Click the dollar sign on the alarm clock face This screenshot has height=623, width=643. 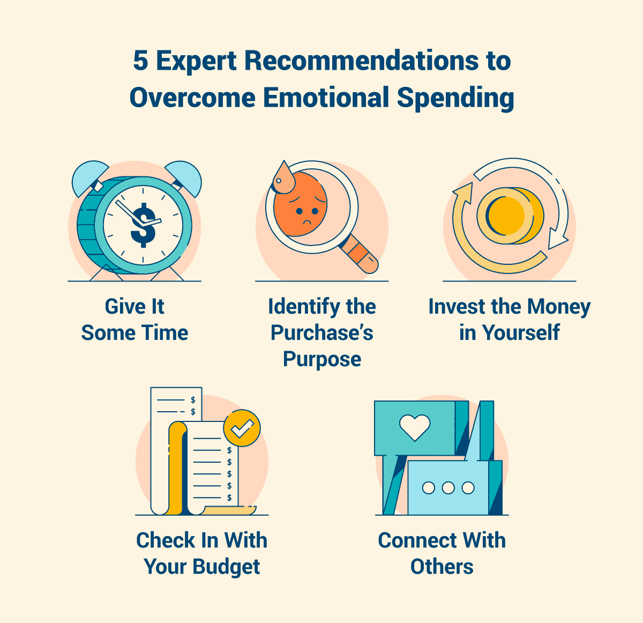pos(143,225)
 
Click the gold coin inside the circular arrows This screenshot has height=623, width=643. pos(507,214)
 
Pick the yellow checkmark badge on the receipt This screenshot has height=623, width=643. pos(242,428)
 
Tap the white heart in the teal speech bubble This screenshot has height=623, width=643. pos(415,427)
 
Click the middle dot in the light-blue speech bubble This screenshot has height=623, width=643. pos(448,488)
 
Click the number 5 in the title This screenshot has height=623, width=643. pos(140,61)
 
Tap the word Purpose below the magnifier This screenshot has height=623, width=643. pos(322,359)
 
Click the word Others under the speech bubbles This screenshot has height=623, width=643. pos(442,567)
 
